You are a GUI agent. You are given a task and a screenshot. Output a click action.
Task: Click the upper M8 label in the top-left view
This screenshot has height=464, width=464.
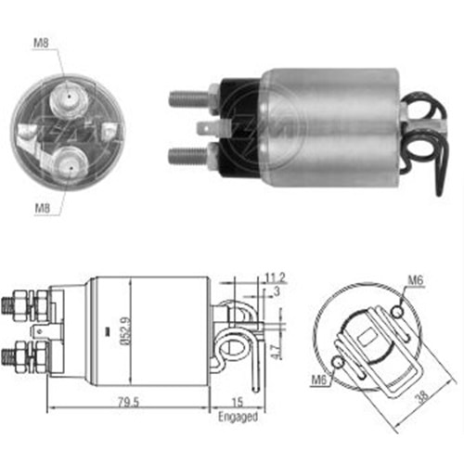[41, 43]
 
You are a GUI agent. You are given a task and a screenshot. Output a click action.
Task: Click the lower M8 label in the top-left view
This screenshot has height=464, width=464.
[43, 208]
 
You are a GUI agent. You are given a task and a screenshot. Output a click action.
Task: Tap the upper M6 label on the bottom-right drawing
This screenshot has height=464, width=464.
[415, 280]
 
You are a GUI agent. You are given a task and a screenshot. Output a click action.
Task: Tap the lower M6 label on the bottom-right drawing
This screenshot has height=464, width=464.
[319, 380]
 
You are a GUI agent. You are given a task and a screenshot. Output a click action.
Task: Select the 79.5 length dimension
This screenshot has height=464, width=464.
[129, 402]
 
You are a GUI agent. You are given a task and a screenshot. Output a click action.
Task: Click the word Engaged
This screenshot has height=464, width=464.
[238, 417]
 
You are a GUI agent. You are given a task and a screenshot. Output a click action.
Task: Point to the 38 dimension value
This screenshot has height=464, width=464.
[422, 396]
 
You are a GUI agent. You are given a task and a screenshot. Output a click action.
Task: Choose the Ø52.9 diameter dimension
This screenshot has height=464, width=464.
[126, 330]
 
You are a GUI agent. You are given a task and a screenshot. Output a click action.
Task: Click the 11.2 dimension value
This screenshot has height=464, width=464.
[276, 277]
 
